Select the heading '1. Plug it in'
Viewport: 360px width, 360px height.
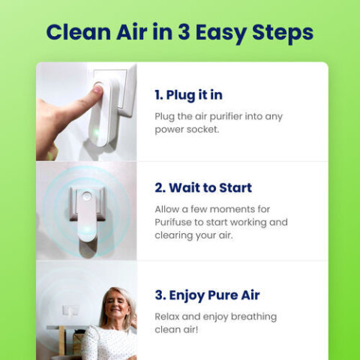(x=188, y=95)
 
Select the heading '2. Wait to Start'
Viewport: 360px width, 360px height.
(x=203, y=187)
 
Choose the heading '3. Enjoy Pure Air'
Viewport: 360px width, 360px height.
(x=207, y=295)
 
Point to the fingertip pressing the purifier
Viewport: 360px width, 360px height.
(x=97, y=91)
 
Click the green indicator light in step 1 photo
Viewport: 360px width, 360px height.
(x=97, y=133)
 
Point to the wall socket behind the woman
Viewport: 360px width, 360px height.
(x=70, y=310)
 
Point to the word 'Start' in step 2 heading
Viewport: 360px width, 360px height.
(x=231, y=187)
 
